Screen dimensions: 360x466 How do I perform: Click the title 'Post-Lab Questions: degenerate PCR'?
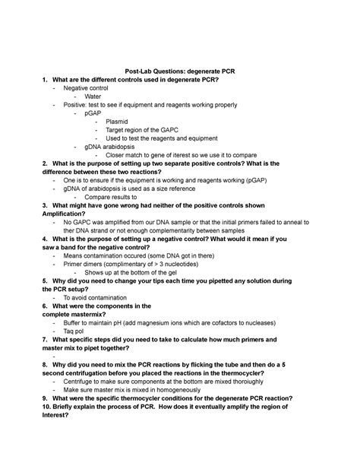(179, 70)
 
